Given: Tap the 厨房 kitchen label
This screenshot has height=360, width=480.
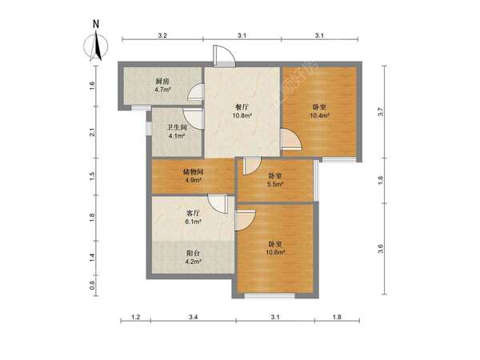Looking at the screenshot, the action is [x=162, y=82].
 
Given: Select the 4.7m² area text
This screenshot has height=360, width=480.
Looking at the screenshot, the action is [x=162, y=90].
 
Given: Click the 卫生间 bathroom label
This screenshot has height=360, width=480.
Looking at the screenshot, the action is [x=177, y=127].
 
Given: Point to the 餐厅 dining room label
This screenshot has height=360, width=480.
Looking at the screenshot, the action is [x=242, y=107].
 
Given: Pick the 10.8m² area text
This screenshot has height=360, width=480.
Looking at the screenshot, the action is [x=242, y=115].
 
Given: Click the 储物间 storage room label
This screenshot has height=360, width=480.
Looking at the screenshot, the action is [x=193, y=172].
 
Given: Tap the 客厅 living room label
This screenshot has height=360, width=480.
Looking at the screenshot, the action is [x=193, y=213].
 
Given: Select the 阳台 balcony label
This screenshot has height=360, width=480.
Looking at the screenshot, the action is [x=193, y=254].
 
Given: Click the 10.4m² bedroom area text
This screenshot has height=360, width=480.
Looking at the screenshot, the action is [x=319, y=115].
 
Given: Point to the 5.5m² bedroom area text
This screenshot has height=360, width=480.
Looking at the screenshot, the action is [x=275, y=184].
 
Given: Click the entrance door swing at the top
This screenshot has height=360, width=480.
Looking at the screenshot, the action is [x=224, y=56].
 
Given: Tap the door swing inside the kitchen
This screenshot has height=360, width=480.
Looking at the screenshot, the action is [x=196, y=92].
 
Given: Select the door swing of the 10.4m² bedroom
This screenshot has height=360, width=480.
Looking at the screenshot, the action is [x=291, y=139].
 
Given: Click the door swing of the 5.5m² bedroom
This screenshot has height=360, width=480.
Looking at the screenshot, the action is [x=252, y=166].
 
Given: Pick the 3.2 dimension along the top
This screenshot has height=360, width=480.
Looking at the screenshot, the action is [x=162, y=35].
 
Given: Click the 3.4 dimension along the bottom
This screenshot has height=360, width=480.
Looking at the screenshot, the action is [x=193, y=317].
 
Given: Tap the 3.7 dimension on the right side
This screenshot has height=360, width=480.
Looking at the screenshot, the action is [x=381, y=112].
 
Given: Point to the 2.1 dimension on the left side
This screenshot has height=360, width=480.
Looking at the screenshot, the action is [x=92, y=132].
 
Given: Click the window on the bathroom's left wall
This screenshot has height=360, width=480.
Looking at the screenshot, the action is [x=149, y=128].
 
